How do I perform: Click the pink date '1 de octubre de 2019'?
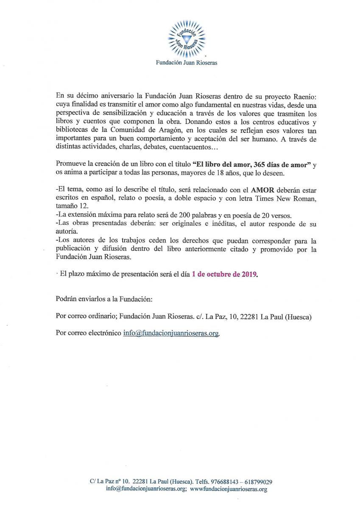tap(224, 274)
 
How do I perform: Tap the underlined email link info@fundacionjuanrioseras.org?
tap(171, 333)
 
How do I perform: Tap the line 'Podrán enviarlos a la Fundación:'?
tap(103, 299)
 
